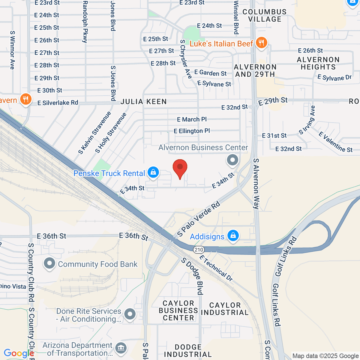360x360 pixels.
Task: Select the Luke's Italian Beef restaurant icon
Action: [261, 43]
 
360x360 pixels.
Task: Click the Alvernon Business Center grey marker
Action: [232, 160]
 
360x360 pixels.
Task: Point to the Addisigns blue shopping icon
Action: [233, 236]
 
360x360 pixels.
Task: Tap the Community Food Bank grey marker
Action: [49, 264]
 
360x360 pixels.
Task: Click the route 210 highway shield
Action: [199, 250]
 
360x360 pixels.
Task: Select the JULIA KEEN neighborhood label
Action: [143, 102]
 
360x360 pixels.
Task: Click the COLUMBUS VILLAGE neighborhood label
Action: [265, 16]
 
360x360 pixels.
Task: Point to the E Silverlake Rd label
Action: [58, 103]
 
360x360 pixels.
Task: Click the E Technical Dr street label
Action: [216, 268]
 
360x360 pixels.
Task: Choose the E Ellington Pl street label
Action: [192, 131]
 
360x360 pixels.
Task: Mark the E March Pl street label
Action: [192, 119]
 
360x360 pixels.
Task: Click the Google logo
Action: [19, 353]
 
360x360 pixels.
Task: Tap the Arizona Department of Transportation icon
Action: [121, 349]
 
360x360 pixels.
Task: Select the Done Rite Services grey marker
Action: [130, 314]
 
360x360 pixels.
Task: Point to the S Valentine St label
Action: [336, 142]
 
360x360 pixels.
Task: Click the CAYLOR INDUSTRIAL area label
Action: [225, 309]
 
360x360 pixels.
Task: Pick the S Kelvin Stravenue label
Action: [94, 133]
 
